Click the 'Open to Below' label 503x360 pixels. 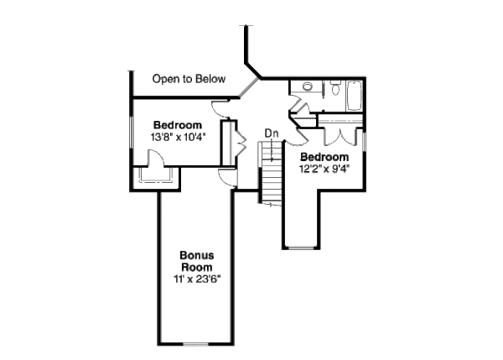(189, 80)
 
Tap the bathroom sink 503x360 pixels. (308, 86)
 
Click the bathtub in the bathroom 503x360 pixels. (351, 95)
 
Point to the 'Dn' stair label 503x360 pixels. (271, 133)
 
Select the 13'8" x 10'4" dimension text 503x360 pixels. (179, 136)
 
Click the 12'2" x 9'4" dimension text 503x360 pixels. (324, 168)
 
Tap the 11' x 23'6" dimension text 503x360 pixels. (198, 278)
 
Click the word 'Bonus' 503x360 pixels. (198, 254)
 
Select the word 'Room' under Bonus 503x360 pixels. (198, 266)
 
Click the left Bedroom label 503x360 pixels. (178, 124)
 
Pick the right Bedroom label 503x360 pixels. (324, 156)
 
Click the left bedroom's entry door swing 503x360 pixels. (217, 108)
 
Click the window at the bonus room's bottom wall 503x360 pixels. (196, 342)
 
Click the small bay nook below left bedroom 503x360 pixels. (156, 172)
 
